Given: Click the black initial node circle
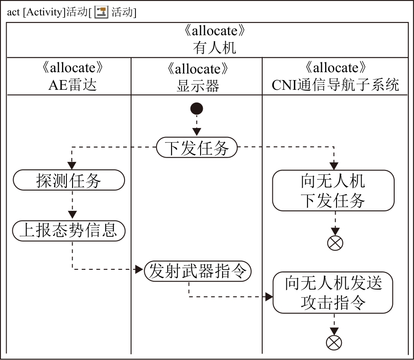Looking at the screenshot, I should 197,108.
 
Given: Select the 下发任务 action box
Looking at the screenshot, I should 197,148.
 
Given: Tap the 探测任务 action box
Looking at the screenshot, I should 69,180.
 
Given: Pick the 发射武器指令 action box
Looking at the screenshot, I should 198,271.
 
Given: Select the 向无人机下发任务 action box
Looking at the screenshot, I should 333,191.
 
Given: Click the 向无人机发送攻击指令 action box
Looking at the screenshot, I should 333,292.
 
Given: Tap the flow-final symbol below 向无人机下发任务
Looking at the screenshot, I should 334,242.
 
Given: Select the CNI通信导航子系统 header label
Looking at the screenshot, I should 335,84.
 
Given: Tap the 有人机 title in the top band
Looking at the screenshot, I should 214,47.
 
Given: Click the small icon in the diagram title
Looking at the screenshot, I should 101,12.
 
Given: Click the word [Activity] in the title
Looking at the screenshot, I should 44,12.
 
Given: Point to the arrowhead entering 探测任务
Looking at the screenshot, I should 71,165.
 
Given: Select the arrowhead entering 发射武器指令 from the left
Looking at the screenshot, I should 140,269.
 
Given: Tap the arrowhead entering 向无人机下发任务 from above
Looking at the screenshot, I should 334,165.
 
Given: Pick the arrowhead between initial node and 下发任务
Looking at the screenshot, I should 197,131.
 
